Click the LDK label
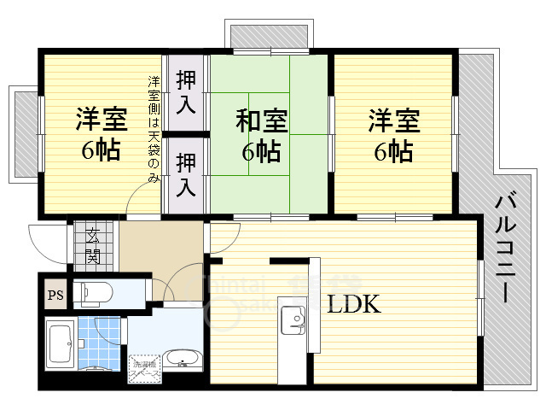coord(350,305)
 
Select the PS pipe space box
coord(53,296)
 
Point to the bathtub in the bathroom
coord(59,345)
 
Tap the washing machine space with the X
coord(144,370)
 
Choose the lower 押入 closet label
coord(186,173)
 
